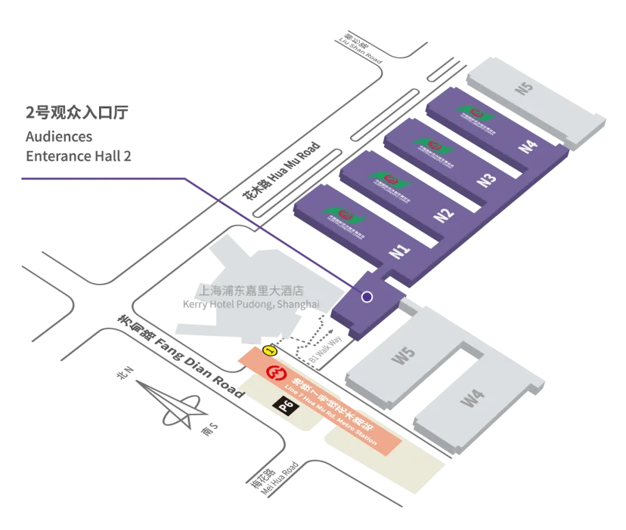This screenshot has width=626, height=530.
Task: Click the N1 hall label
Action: tap(400, 249)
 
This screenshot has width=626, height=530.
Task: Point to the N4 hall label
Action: tap(528, 145)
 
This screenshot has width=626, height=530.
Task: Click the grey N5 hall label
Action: tap(525, 88)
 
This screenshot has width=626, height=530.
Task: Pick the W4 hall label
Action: tap(473, 398)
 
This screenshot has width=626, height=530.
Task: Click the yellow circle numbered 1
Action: tap(268, 350)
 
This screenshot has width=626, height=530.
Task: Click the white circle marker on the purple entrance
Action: tap(367, 297)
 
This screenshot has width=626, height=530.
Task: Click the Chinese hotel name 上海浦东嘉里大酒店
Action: tap(250, 290)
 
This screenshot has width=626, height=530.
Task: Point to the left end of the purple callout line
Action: tap(20, 179)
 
